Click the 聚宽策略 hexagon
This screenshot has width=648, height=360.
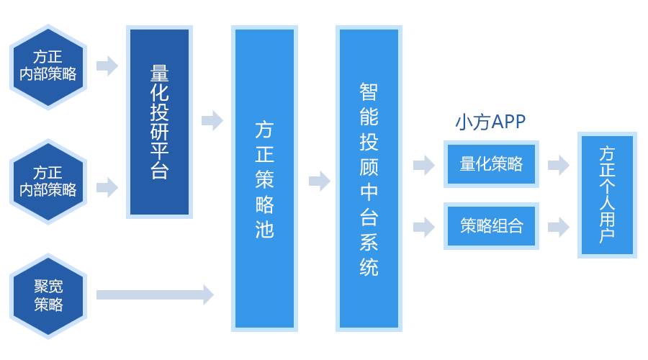click(x=48, y=295)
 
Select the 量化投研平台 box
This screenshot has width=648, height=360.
click(x=158, y=122)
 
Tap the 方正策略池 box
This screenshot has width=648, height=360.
click(x=264, y=178)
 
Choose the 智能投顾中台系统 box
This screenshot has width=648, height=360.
click(x=369, y=178)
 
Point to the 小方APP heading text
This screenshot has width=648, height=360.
click(x=490, y=122)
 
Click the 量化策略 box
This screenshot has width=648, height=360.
click(x=491, y=164)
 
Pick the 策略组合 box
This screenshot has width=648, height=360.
click(x=491, y=226)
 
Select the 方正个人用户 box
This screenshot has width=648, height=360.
click(x=608, y=194)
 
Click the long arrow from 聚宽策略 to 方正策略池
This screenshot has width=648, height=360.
click(x=155, y=294)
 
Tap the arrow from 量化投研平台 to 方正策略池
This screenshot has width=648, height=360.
click(x=212, y=120)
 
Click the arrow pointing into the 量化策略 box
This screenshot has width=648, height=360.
click(x=423, y=166)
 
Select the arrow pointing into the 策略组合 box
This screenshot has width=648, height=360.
click(x=423, y=228)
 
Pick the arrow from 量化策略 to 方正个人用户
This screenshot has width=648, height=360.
click(x=558, y=166)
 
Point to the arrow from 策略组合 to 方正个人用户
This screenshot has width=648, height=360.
click(x=558, y=228)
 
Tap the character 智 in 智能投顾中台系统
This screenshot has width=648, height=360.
click(x=369, y=91)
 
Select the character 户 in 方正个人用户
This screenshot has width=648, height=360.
click(x=608, y=235)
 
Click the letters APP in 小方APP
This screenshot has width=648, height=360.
click(x=508, y=122)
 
